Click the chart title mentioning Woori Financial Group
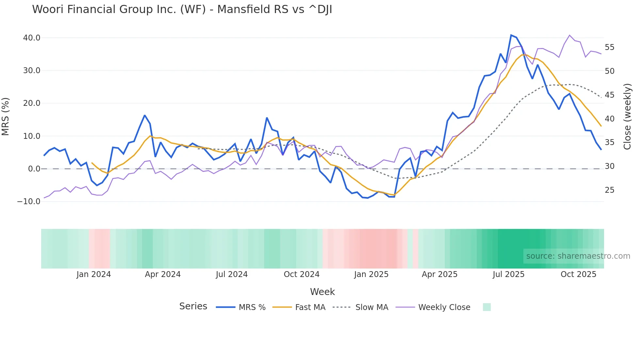pos(182,9)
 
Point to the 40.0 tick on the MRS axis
pos(32,38)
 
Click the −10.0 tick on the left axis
pos(29,202)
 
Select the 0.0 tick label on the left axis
pos(34,169)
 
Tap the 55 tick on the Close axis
pos(609,47)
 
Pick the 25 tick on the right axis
pos(609,190)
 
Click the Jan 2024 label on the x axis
pos(94,274)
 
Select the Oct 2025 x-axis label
pos(578,274)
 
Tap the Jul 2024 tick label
pos(232,274)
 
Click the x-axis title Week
pos(322,292)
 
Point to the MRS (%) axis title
pos(6,117)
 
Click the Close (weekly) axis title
pos(627,117)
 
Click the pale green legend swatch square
pos(487,307)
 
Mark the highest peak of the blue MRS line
pos(511,35)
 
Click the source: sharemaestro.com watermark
pos(578,256)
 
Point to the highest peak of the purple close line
pos(569,35)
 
